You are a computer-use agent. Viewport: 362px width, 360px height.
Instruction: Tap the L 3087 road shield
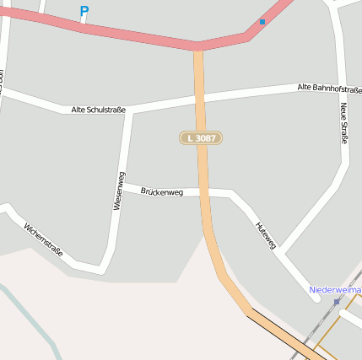201,137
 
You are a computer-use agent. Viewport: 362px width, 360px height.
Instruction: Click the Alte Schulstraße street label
99,110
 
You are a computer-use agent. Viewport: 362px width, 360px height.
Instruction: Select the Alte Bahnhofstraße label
329,89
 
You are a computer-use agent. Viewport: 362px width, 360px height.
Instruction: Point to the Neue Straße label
343,123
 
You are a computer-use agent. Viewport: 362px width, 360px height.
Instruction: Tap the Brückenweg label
161,192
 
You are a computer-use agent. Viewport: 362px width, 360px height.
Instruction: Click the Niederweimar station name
336,289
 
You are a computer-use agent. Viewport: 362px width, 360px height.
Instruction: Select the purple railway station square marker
337,301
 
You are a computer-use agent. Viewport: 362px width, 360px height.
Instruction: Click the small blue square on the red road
262,21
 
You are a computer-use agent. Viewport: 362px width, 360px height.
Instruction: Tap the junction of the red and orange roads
198,47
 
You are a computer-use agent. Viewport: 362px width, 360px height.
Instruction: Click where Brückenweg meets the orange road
203,193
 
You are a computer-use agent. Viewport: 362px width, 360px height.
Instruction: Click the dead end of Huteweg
315,296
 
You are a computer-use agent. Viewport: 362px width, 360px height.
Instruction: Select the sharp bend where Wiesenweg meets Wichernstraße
100,269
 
